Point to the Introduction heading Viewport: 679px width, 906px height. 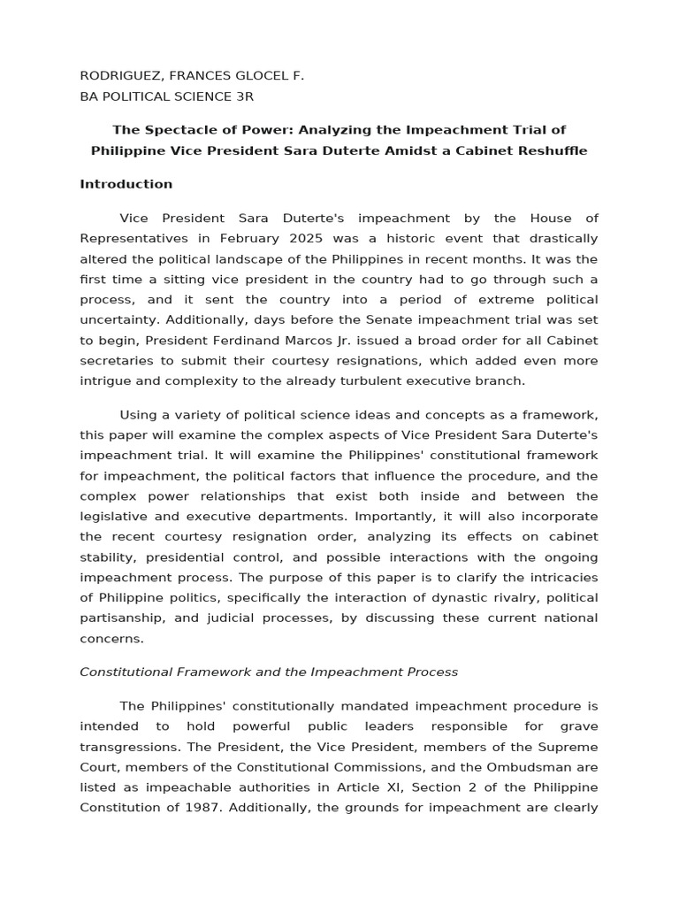[x=126, y=184]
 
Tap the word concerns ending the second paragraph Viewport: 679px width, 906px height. [x=111, y=638]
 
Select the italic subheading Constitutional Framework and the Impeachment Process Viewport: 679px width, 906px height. [x=269, y=672]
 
